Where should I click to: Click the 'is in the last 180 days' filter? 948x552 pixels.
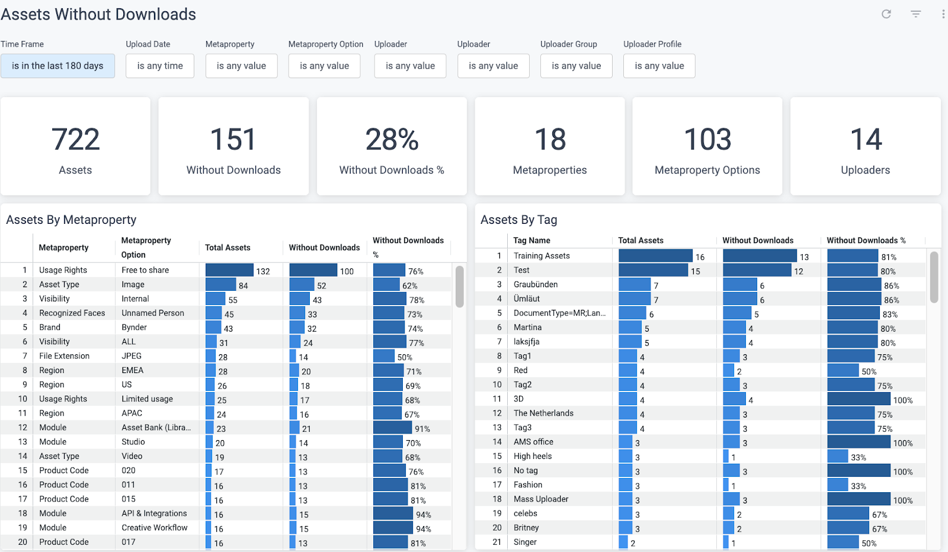coord(57,66)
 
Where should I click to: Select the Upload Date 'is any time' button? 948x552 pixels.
coord(160,66)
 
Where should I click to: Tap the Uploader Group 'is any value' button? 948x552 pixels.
coord(576,66)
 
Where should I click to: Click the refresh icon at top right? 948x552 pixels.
coord(886,14)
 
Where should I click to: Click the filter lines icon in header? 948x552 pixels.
coord(916,14)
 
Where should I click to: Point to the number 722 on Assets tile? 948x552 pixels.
coord(75,140)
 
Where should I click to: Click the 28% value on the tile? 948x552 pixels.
coord(392,140)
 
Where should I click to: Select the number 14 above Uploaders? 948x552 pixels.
coord(866,140)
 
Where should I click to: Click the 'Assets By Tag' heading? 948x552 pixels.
coord(518,220)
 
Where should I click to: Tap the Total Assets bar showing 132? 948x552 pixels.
coord(229,271)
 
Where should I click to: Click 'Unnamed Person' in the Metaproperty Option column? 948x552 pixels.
coord(153,313)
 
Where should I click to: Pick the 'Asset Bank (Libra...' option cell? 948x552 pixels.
coord(156,428)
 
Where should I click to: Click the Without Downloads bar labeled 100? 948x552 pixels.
coord(313,271)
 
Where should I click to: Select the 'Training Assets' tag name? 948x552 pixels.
coord(542,256)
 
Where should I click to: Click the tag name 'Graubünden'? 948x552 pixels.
coord(536,284)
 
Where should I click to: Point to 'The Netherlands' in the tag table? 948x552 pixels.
coord(543,413)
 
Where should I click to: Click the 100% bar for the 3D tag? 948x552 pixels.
coord(859,399)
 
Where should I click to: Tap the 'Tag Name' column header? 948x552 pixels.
coord(531,240)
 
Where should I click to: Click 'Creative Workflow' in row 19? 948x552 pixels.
coord(155,528)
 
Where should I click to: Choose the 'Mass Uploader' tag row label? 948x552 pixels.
coord(541,499)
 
